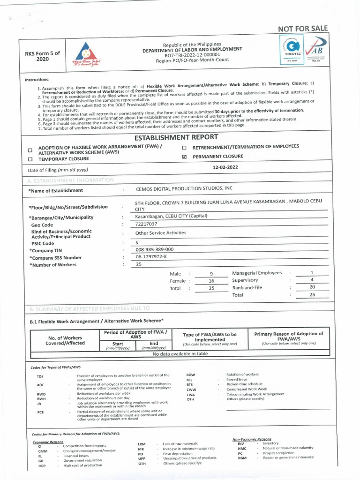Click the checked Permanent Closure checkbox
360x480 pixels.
[x=185, y=157]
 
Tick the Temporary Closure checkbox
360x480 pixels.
[x=30, y=159]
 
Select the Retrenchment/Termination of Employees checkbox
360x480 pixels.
[x=185, y=147]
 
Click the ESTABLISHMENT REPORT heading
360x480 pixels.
[x=176, y=137]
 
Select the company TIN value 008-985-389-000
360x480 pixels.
[x=154, y=249]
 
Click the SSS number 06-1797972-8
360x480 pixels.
[x=151, y=257]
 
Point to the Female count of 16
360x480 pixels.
[x=211, y=281]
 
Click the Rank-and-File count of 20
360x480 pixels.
[x=312, y=287]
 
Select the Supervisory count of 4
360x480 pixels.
[x=312, y=280]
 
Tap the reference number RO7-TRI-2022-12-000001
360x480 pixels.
[x=193, y=55]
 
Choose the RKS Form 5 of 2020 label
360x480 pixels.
[x=43, y=57]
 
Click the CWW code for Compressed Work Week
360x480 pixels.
[x=191, y=390]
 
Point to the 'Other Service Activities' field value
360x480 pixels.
[x=161, y=232]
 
